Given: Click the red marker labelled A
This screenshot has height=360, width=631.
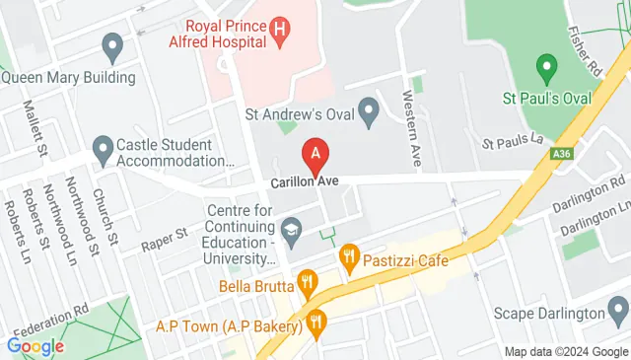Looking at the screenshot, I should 315,156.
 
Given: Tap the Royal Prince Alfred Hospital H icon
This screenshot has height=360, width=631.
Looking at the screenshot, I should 281,33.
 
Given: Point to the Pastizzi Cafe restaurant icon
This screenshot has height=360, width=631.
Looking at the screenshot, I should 348,259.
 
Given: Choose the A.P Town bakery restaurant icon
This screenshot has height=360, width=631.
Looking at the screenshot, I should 316,321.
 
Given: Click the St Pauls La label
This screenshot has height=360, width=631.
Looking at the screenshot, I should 513,141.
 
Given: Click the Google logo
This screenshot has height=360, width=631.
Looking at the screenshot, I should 35,346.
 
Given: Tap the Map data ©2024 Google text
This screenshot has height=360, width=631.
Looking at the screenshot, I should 566,352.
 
